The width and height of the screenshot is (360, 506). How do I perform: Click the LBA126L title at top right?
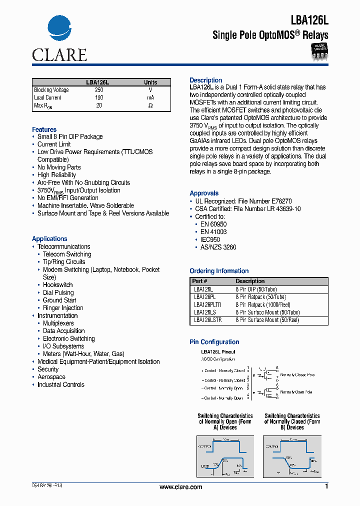point(309,20)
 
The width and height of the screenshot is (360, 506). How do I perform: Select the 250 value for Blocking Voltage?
point(99,90)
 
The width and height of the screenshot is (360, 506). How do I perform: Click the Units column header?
point(150,82)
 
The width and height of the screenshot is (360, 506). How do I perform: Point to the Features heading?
point(44,129)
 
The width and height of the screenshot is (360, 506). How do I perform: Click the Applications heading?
point(49,239)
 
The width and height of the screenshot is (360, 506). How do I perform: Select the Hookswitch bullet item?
point(57,285)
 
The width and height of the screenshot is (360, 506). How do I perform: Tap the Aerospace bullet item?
point(51,377)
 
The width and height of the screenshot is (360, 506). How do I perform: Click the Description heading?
point(205,80)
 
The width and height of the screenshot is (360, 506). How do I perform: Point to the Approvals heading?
point(204,193)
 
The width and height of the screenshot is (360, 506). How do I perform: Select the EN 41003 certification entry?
point(213,232)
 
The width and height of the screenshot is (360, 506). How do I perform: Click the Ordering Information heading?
point(219,271)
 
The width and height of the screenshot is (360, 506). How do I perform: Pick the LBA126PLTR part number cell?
point(207,304)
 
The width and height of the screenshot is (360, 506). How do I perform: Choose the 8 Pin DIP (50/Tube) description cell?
point(256,289)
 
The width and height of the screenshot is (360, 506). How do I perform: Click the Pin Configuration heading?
point(214,342)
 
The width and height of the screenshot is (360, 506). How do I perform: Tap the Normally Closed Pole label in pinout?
point(297,374)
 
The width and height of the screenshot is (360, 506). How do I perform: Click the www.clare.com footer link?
point(180,487)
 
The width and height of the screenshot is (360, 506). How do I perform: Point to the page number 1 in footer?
point(326,486)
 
